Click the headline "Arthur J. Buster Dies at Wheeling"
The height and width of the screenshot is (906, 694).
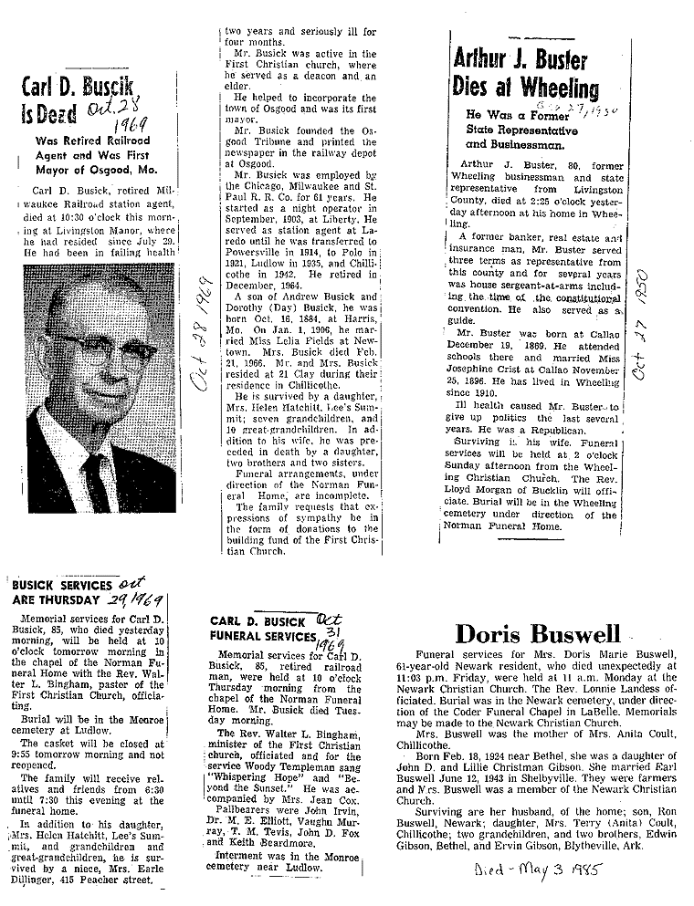click(x=525, y=75)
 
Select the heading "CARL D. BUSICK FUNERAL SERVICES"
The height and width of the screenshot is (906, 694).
click(x=262, y=628)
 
